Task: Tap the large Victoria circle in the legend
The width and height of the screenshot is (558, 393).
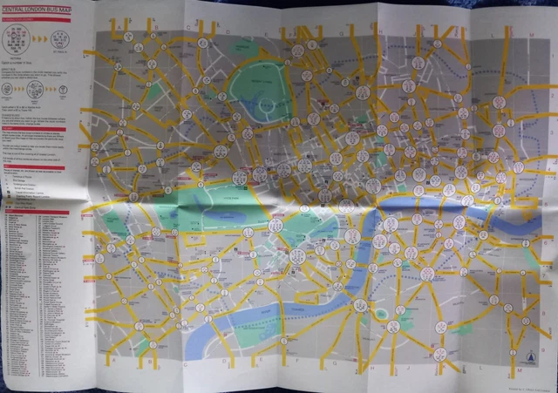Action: [17, 36]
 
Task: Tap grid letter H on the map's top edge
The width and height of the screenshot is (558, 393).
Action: [381, 28]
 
